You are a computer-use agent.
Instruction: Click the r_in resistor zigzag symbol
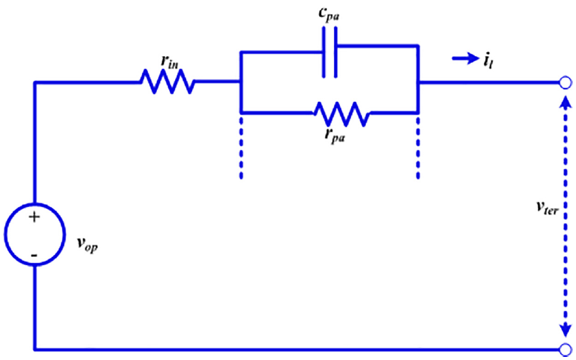point(167,81)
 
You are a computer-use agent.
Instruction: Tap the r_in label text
point(169,62)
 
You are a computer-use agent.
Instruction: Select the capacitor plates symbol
point(330,52)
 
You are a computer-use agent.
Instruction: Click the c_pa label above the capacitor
point(328,16)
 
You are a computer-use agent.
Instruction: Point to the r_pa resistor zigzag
point(342,114)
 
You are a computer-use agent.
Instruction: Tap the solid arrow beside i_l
point(466,59)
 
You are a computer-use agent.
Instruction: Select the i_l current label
point(488,60)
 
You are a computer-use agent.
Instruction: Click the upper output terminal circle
point(566,83)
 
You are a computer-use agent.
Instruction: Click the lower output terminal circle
point(566,349)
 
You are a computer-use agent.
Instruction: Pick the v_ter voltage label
point(547,209)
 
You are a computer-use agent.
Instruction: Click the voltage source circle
point(35,234)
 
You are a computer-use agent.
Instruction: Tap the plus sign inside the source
point(34,218)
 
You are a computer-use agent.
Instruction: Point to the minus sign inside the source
point(34,255)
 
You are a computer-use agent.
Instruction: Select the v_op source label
point(87,245)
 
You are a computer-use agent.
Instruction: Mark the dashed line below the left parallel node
point(241,148)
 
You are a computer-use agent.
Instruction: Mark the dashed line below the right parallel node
point(418,148)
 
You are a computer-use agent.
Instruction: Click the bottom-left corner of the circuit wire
point(34,349)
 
